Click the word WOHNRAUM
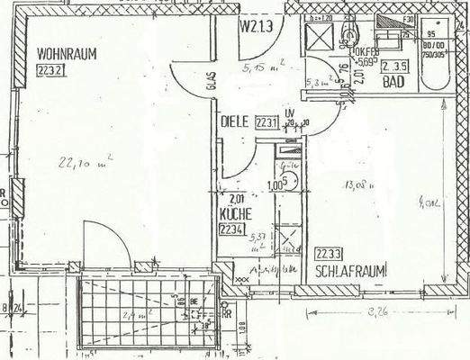(67, 53)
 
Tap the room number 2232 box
(50, 69)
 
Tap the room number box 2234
(232, 229)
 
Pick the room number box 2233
(326, 253)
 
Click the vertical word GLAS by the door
(209, 83)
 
